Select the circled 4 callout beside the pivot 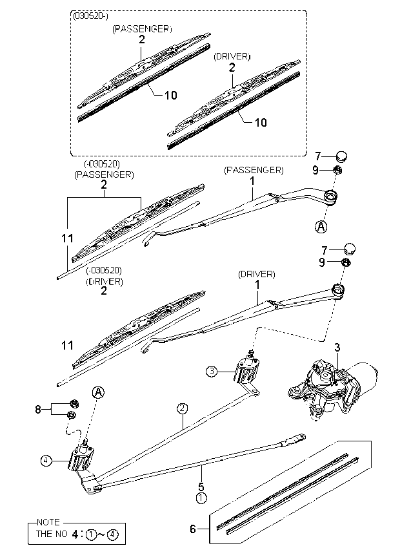(x=45, y=461)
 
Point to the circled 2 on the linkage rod (x=183, y=408)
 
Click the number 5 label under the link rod (x=201, y=487)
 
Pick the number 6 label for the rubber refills (x=192, y=529)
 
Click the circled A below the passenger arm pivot (x=321, y=226)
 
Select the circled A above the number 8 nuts (x=97, y=392)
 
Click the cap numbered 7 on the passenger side (x=343, y=156)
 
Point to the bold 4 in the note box (x=75, y=534)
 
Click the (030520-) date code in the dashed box (x=92, y=17)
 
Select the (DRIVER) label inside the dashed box (x=232, y=57)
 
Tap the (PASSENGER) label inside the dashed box (x=142, y=29)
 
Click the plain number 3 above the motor (x=337, y=348)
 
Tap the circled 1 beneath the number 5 (x=201, y=498)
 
